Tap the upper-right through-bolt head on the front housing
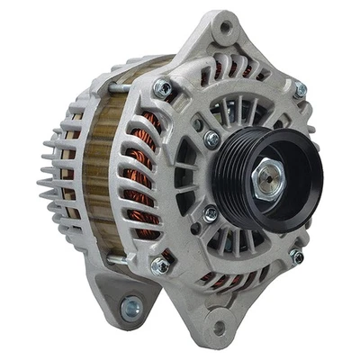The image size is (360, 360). (x=299, y=90)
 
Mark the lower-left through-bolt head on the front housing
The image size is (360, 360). (x=160, y=265)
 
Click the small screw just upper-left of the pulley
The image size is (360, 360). (x=211, y=138)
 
